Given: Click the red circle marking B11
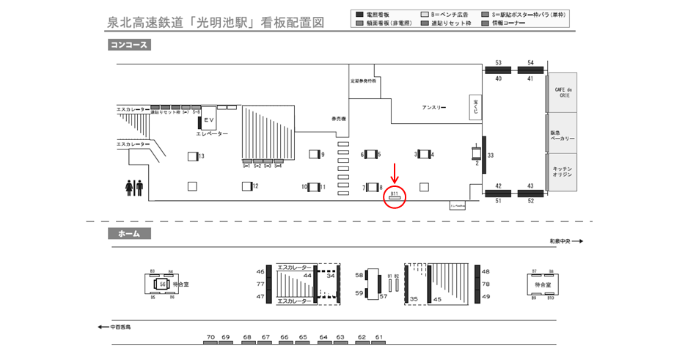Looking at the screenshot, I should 395,197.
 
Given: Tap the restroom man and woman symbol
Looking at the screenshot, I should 134,188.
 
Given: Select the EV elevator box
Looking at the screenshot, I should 208,120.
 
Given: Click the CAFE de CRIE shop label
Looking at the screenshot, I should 562,91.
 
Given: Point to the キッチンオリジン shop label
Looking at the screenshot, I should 562,172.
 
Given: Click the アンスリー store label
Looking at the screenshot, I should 433,108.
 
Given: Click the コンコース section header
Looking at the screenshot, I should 129,45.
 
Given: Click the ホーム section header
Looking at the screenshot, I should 129,234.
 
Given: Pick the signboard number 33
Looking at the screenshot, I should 490,155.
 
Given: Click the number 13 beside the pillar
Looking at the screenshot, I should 201,156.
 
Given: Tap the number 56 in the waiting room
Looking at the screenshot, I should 163,284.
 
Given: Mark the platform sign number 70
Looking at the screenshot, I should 210,337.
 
